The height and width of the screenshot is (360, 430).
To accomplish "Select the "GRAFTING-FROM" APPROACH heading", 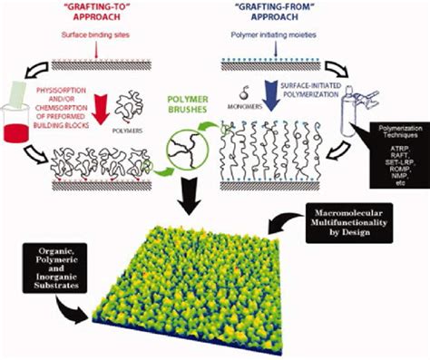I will pos(288,15).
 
